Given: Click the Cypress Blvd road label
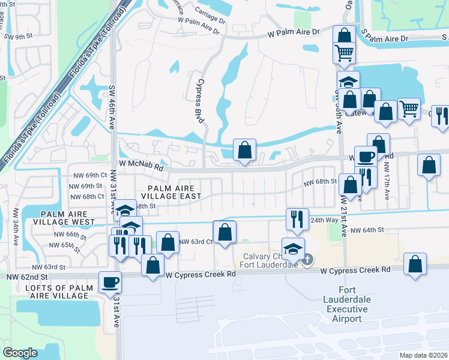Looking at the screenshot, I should (200, 100).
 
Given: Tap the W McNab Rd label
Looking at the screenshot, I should (141, 164).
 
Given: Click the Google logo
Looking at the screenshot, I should (20, 353).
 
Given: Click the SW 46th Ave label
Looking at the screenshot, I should (112, 107).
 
